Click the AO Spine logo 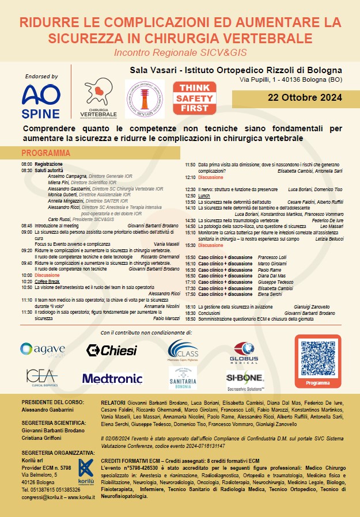(x=40, y=101)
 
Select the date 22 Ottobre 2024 (x=295, y=98)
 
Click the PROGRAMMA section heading (x=46, y=154)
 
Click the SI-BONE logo (x=245, y=379)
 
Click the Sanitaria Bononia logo (x=183, y=378)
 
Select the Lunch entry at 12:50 (x=204, y=196)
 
